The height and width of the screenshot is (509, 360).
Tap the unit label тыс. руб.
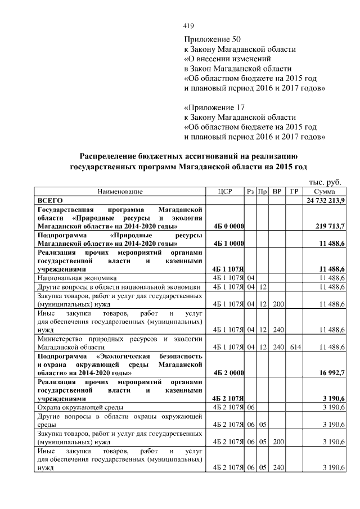[325, 182]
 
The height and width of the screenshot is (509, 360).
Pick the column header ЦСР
[225, 192]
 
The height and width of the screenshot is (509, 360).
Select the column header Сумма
[325, 192]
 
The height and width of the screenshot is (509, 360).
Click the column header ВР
[277, 192]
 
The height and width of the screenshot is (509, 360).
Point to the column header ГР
[294, 192]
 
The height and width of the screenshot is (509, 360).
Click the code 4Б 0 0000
[228, 226]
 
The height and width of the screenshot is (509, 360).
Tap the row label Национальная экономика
[76, 278]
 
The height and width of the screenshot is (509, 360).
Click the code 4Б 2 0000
[228, 372]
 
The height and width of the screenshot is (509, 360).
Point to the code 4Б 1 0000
[228, 244]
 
